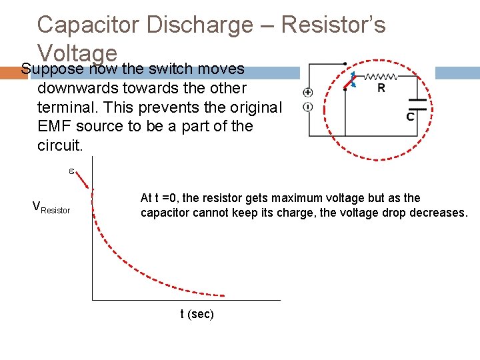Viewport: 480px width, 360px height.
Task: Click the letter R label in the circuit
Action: coord(381,88)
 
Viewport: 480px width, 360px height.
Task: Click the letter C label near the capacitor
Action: coord(410,117)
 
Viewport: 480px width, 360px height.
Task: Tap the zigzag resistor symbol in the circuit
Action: coord(378,76)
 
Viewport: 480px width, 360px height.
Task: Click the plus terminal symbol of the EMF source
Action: coord(308,93)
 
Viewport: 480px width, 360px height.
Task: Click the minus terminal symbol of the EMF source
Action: coord(308,107)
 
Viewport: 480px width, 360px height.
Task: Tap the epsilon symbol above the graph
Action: coord(71,171)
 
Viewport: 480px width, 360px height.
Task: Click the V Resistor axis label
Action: coord(51,207)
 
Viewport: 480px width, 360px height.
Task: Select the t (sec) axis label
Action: coord(197,314)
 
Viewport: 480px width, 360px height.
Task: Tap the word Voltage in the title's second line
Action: coord(77,53)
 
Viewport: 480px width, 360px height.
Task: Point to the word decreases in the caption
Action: coord(443,213)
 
